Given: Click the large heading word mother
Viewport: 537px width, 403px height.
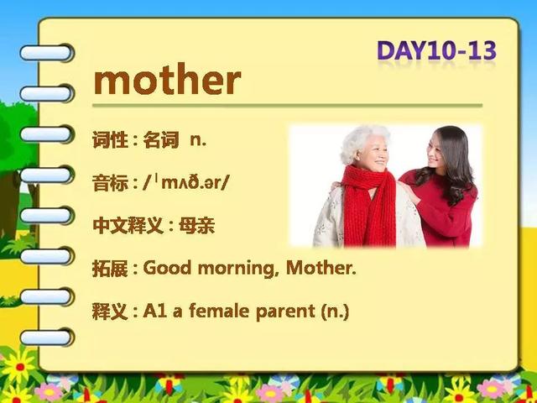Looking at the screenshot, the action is click(167, 80).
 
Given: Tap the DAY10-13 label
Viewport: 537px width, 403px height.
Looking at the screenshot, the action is click(436, 50).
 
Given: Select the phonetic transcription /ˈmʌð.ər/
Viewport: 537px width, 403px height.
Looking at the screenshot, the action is click(185, 183).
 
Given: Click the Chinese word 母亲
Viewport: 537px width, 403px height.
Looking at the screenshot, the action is click(197, 226).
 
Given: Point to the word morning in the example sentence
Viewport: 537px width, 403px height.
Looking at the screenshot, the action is click(237, 269).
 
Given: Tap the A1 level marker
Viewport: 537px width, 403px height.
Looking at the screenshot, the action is click(154, 311).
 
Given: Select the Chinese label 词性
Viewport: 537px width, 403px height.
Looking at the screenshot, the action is click(110, 139).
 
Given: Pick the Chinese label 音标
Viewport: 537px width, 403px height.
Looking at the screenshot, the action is click(110, 183).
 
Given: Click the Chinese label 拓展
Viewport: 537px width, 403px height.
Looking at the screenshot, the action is click(110, 269).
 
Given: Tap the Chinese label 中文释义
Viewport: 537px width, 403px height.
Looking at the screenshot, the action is click(128, 226).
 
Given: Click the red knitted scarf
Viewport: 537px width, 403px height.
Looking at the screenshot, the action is click(369, 206).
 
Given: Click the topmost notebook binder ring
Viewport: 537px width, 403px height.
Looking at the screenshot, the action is click(46, 53).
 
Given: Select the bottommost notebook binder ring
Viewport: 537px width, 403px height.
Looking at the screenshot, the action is click(46, 338).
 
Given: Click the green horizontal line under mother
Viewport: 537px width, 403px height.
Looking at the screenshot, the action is click(287, 106).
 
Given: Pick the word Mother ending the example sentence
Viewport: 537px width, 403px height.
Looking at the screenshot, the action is click(321, 268).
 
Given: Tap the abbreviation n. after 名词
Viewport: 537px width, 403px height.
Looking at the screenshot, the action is click(198, 140).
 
